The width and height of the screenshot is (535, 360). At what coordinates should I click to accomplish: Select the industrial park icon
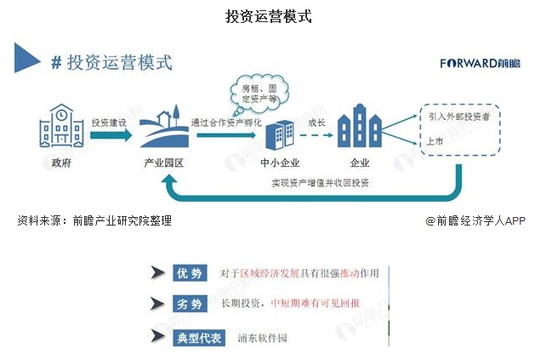tap(162, 129)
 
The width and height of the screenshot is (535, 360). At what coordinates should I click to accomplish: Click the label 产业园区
tap(164, 163)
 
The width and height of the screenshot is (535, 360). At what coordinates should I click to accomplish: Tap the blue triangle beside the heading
tap(28, 60)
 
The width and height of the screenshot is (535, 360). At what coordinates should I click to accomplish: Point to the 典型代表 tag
tap(198, 337)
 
